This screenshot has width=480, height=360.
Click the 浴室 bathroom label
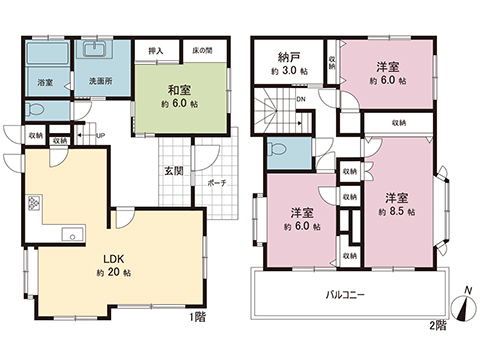pyautogui.click(x=45, y=82)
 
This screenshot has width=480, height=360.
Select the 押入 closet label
pyautogui.click(x=155, y=49)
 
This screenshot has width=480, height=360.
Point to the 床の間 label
pyautogui.click(x=201, y=49)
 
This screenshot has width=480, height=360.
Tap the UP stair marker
pyautogui.click(x=99, y=137)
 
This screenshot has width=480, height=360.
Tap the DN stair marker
pyautogui.click(x=300, y=100)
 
